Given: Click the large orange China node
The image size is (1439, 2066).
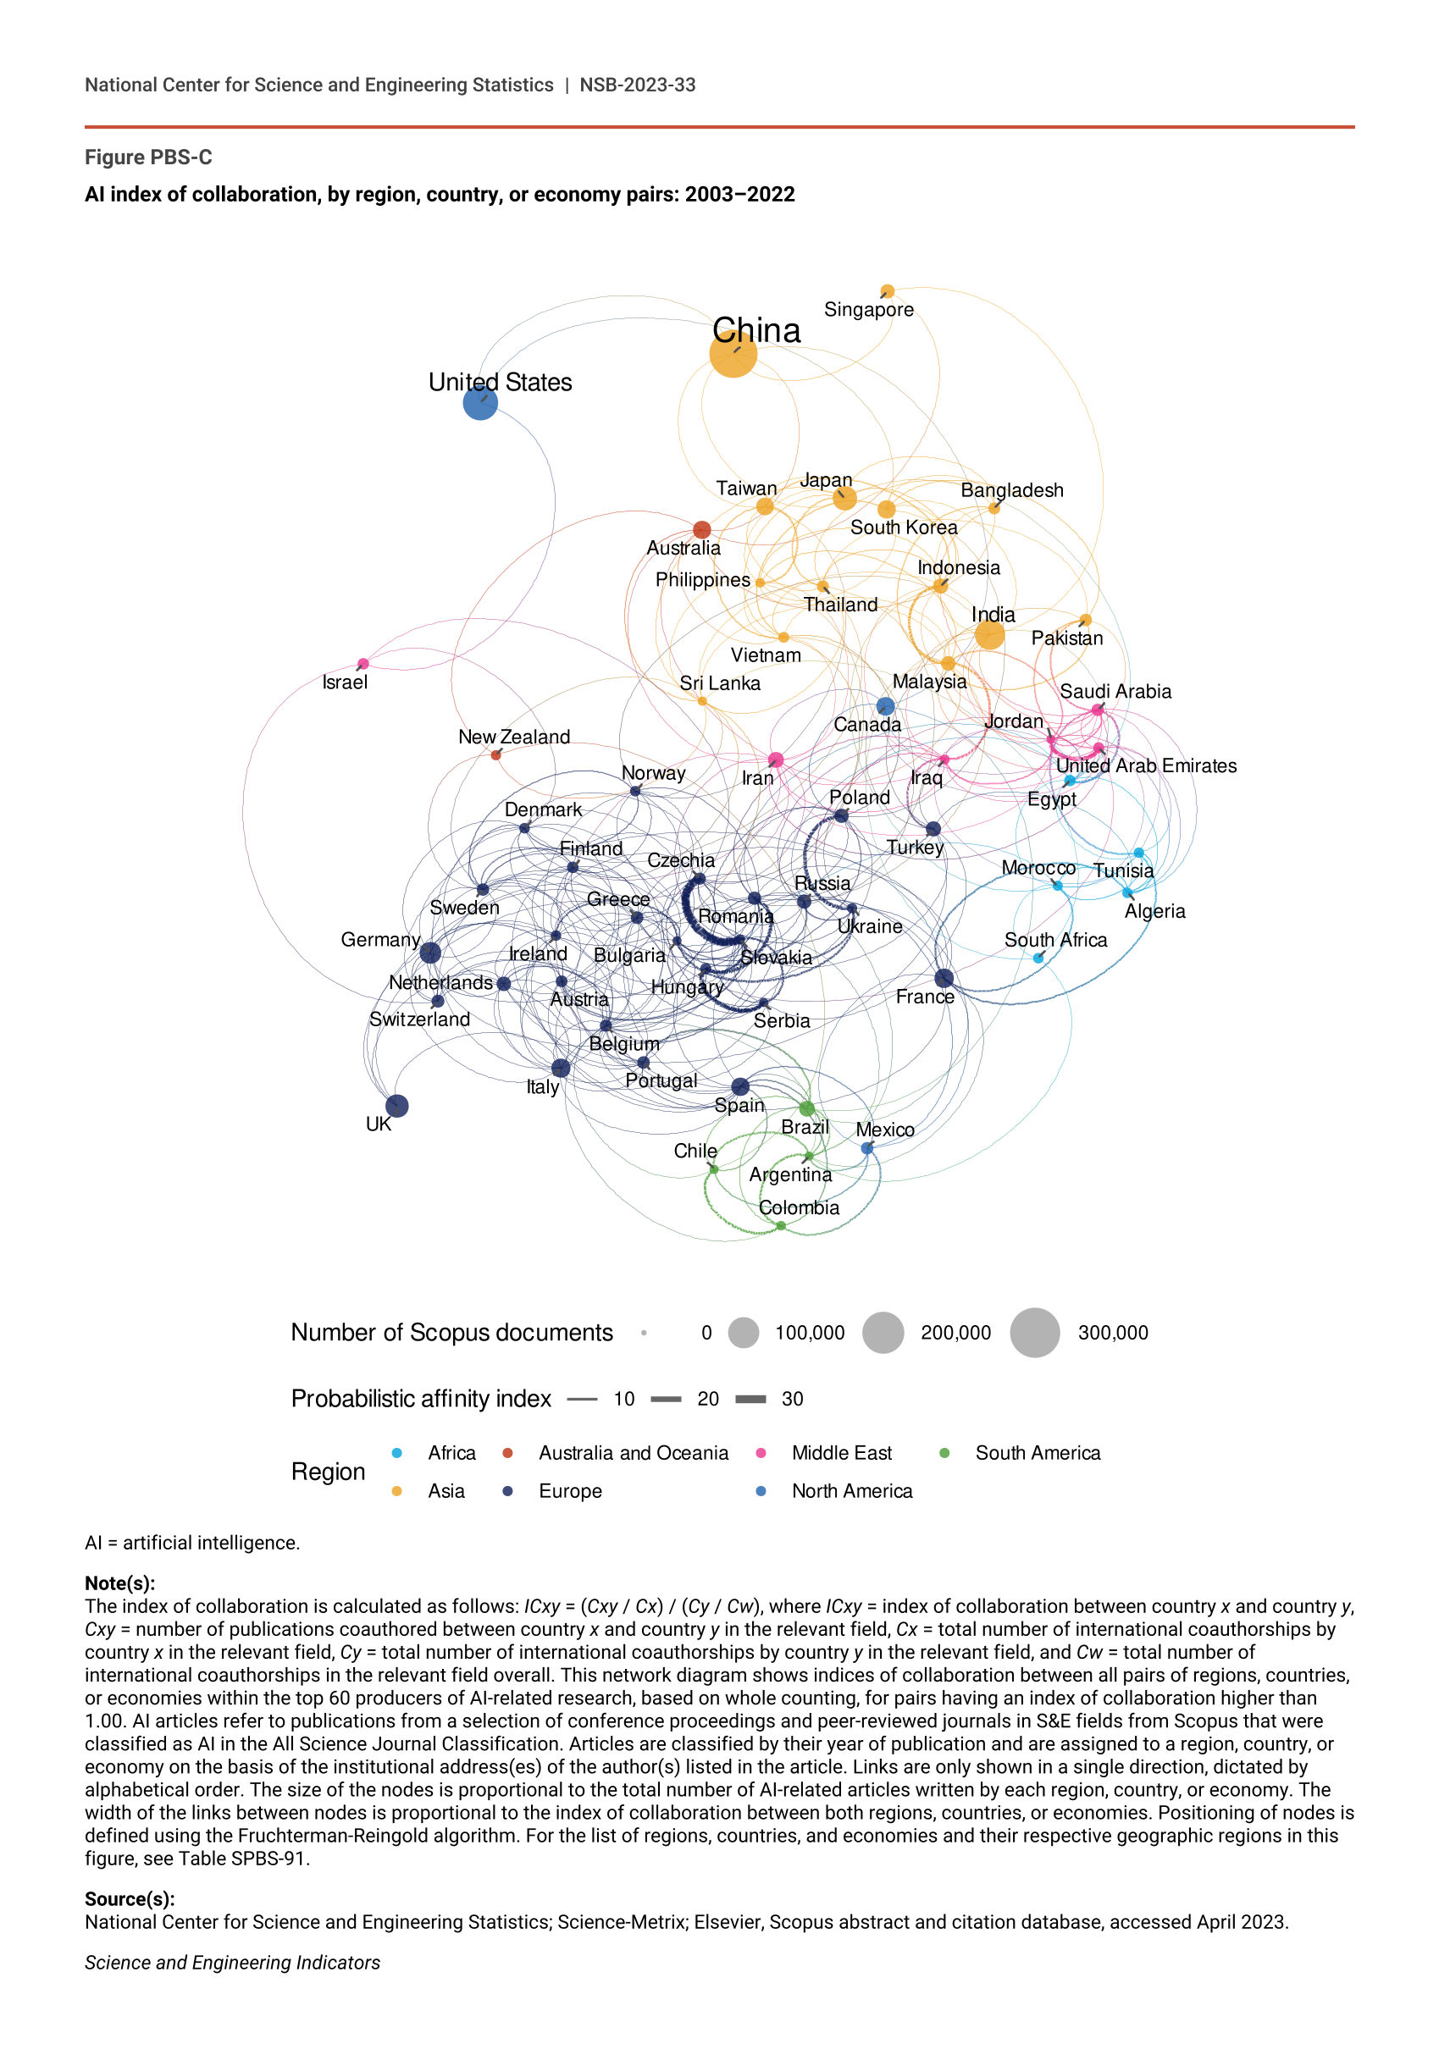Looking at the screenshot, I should pos(733,354).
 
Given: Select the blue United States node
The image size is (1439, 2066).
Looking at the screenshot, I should pos(480,402).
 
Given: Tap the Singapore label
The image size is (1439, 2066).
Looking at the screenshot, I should pos(868,310).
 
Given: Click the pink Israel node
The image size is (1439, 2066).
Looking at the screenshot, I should pos(363,664).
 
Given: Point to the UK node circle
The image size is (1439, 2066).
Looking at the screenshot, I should pos(397,1106).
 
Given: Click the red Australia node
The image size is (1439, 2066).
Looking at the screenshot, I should pos(702,529).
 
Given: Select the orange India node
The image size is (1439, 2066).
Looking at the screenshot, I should pos(989,635).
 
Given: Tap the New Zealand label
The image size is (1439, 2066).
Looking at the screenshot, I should pos(514,737).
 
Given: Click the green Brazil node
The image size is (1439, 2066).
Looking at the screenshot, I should pos(807,1108).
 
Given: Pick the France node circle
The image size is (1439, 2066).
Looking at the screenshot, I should pos(944,978).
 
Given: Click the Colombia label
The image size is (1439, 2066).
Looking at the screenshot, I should pos(800,1207).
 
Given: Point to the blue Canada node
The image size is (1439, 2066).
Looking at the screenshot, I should pos(886,706).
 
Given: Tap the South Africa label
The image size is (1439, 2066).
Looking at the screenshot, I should pos(1055,939).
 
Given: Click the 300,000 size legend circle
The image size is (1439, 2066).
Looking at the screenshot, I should pos(1035,1333).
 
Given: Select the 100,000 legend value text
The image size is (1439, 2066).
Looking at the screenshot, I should pos(810,1333).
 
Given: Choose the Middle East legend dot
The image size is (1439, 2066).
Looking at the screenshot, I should pos(761,1453).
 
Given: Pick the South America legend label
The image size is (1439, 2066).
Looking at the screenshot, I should pos(1038,1453).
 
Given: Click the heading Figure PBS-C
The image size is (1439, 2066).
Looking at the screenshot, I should pos(148,157).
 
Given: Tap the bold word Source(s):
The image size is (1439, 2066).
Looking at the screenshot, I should pos(130,1898).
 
